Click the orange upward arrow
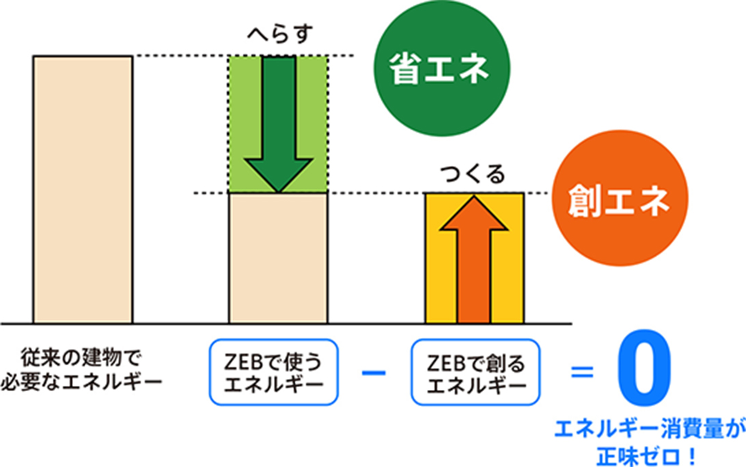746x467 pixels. [x=475, y=259]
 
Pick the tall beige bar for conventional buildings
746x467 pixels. [x=83, y=189]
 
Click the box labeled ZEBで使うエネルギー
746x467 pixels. [x=273, y=372]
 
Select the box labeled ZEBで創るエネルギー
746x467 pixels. [x=475, y=372]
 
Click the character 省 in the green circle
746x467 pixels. [x=404, y=71]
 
